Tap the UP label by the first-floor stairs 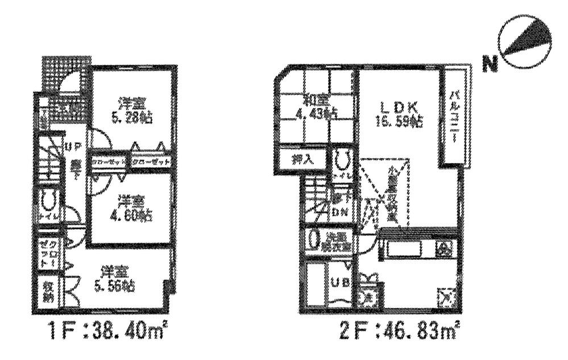(75, 147)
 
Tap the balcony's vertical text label (455, 117)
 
